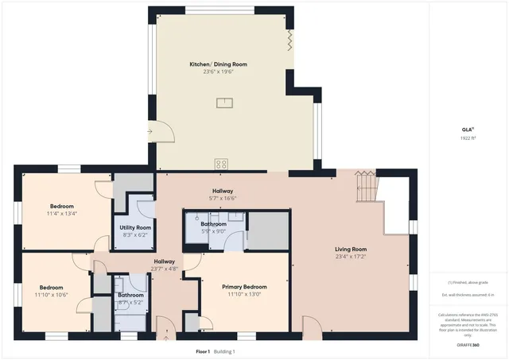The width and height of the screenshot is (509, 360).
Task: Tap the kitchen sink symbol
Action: (226, 101)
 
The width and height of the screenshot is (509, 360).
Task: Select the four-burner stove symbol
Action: (221, 164)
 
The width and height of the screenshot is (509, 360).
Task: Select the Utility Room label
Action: (135, 227)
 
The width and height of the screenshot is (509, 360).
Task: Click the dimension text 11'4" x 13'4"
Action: (61, 214)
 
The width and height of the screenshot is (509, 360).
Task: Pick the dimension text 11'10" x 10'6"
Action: (51, 295)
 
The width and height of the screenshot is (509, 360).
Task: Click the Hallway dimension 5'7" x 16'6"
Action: (222, 198)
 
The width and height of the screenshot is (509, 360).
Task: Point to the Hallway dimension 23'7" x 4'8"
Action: (164, 269)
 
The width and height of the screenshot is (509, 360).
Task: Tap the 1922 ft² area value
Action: (468, 138)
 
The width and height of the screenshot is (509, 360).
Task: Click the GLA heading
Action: (468, 130)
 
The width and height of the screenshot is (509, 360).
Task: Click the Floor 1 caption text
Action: (203, 351)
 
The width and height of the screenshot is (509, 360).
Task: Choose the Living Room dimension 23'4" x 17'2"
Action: (351, 257)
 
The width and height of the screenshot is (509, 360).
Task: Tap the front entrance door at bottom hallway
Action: (165, 327)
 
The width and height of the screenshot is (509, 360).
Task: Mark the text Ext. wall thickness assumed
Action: (468, 295)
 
